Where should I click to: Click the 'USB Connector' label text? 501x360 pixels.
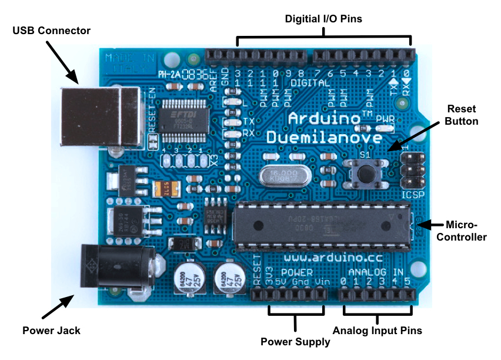pos(52,31)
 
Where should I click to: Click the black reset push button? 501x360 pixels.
pos(368,172)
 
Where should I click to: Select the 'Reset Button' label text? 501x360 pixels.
pos(462,115)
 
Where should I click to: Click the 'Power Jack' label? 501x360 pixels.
pos(52,330)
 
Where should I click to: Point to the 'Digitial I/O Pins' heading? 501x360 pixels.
pos(323,19)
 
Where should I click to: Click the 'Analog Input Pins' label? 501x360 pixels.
pos(378,330)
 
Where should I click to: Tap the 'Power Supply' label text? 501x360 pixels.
pos(295,341)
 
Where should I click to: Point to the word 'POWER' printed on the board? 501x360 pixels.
pos(297,272)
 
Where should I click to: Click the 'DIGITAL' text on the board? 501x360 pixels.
pos(310,84)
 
